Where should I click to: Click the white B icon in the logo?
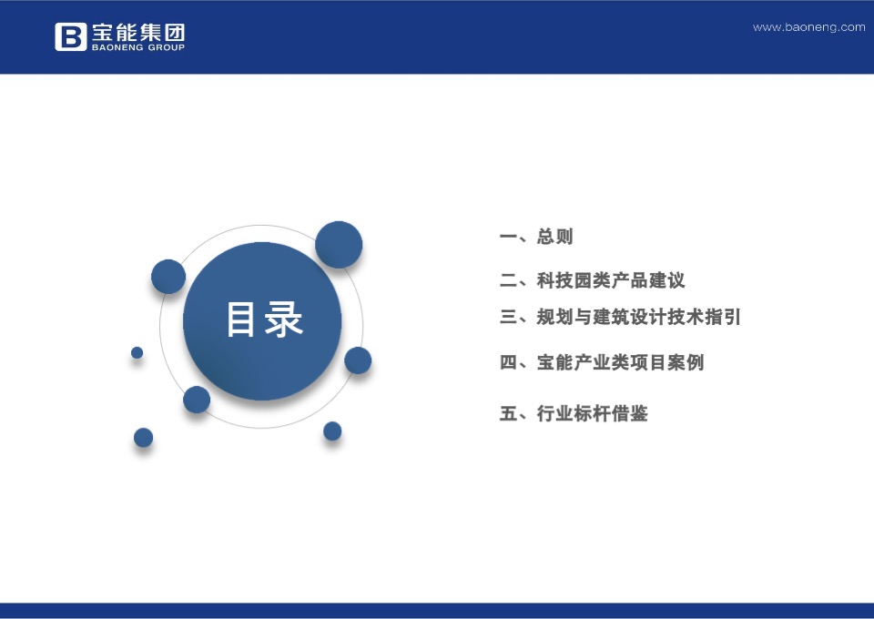pyautogui.click(x=70, y=36)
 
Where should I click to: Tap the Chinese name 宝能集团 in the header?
pyautogui.click(x=137, y=31)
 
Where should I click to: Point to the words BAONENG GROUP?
pyautogui.click(x=137, y=47)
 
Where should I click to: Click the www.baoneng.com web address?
pyautogui.click(x=808, y=27)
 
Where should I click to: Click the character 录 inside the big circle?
pyautogui.click(x=284, y=320)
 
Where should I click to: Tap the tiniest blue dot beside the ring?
pyautogui.click(x=137, y=352)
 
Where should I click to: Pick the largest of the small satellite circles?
pyautogui.click(x=339, y=245)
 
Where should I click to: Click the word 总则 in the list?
pyautogui.click(x=555, y=238)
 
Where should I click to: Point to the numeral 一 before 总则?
pyautogui.click(x=508, y=238)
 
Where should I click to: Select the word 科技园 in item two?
pyautogui.click(x=564, y=281)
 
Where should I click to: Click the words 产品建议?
pyautogui.click(x=648, y=281)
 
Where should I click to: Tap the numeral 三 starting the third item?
pyautogui.click(x=508, y=318)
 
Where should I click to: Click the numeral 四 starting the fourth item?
pyautogui.click(x=508, y=362)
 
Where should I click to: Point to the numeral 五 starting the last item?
pyautogui.click(x=508, y=414)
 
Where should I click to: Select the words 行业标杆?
pyautogui.click(x=574, y=414)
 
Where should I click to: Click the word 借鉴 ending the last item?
pyautogui.click(x=629, y=414)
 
